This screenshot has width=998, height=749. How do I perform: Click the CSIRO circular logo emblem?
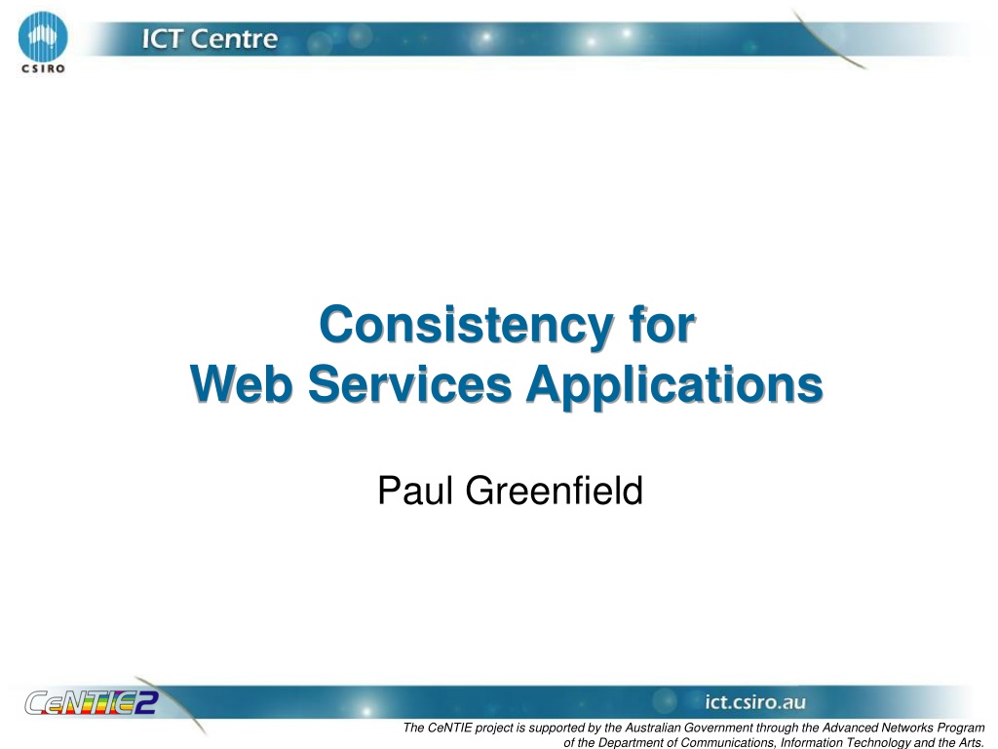click(x=43, y=36)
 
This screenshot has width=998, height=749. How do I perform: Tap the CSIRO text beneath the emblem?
click(x=43, y=69)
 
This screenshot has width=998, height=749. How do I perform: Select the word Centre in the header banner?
click(x=234, y=39)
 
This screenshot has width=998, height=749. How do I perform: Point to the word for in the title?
click(x=662, y=325)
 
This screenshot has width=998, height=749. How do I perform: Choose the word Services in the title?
click(x=409, y=383)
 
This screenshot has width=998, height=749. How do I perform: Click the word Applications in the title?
click(x=674, y=385)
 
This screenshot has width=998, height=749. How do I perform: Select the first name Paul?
click(x=415, y=491)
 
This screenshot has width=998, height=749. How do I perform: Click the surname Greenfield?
click(x=554, y=491)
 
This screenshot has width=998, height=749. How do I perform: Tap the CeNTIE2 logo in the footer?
click(x=91, y=702)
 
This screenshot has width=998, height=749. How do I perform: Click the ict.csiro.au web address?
click(x=755, y=702)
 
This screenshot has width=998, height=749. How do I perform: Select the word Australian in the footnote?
click(x=652, y=728)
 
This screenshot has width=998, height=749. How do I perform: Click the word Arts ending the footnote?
click(x=972, y=742)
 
